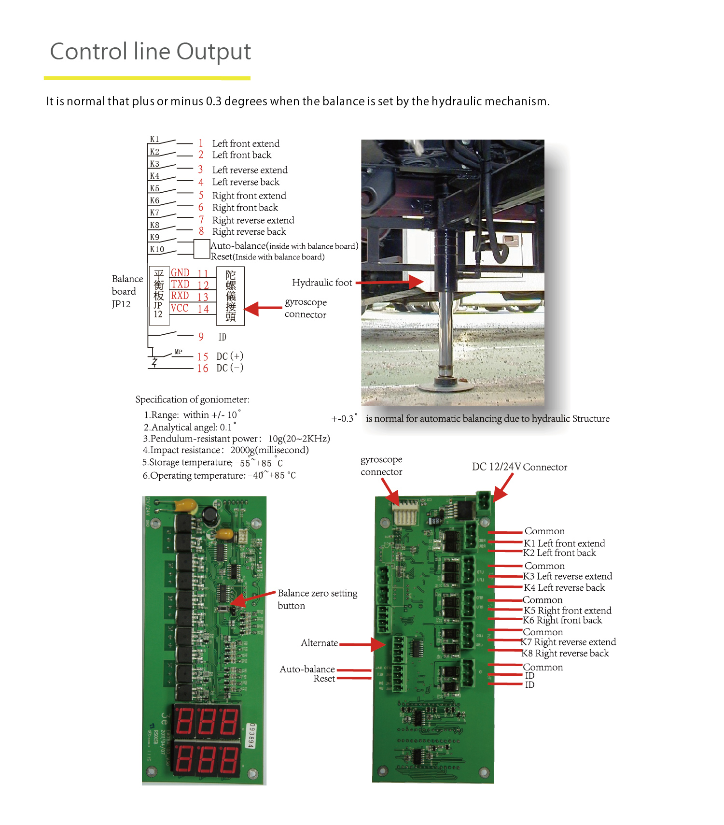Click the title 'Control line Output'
tap(150, 52)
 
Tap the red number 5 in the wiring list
tap(201, 195)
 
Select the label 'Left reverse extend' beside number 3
tap(250, 170)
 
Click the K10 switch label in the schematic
tap(157, 249)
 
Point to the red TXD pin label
tap(180, 284)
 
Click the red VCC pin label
tap(180, 308)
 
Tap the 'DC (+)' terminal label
tap(230, 356)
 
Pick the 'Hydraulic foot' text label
tap(322, 283)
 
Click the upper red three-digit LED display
tap(207, 721)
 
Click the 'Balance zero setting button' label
tap(317, 599)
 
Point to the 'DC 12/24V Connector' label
tap(519, 467)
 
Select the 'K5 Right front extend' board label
tap(568, 611)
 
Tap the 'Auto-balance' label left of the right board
tap(307, 669)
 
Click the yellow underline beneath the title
tap(147, 78)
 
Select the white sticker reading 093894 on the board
tap(251, 736)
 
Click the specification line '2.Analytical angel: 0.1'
tap(189, 427)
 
